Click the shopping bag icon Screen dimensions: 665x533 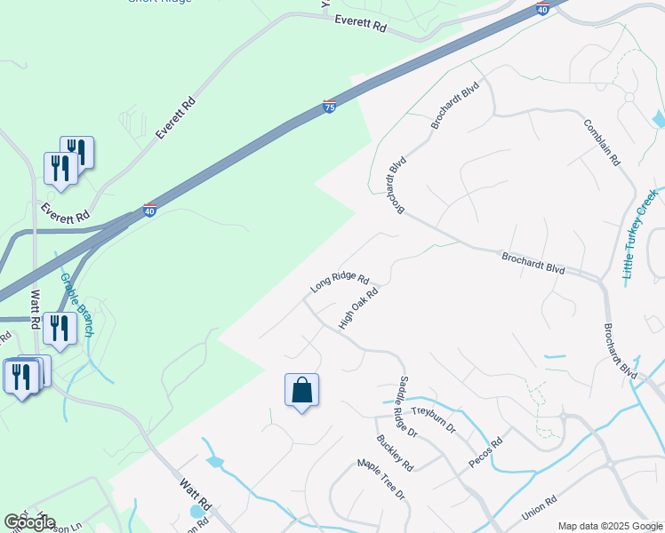pyautogui.click(x=301, y=390)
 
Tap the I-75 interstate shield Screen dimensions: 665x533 pyautogui.click(x=329, y=107)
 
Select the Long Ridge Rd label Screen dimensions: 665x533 pyautogui.click(x=339, y=282)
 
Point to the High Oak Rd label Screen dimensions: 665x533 pyautogui.click(x=359, y=308)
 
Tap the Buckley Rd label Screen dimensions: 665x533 pyautogui.click(x=395, y=452)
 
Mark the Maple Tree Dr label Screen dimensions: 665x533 pyautogui.click(x=381, y=478)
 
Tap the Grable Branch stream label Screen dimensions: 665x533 pyautogui.click(x=76, y=304)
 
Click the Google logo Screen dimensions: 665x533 pyautogui.click(x=29, y=522)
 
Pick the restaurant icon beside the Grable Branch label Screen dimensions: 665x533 pyautogui.click(x=60, y=329)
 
